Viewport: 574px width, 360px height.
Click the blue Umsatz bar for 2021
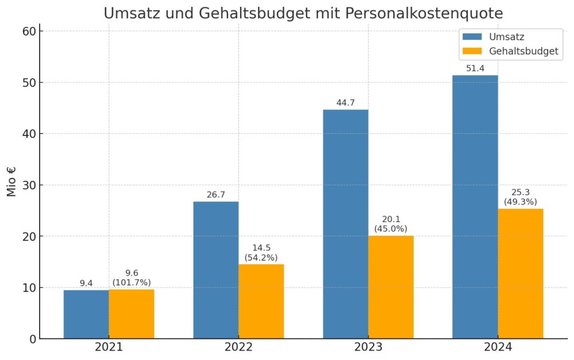pos(86,314)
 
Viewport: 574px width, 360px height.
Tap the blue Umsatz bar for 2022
pos(216,270)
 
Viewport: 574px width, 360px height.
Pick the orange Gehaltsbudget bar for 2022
pos(261,301)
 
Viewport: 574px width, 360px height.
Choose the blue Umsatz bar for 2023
pos(346,224)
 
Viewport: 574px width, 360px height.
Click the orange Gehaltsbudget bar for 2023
pos(391,287)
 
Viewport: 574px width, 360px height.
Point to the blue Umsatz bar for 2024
pos(475,207)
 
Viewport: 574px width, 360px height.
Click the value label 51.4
pos(475,69)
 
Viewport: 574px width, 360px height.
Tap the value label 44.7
pos(346,103)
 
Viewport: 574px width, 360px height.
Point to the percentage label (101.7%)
pos(131,282)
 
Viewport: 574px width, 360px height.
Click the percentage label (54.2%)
pos(261,257)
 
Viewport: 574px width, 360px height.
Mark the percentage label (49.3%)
pos(521,202)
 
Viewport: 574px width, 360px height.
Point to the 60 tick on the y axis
pos(29,31)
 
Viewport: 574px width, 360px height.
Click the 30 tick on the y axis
pos(29,185)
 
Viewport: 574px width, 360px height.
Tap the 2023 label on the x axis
pos(368,347)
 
